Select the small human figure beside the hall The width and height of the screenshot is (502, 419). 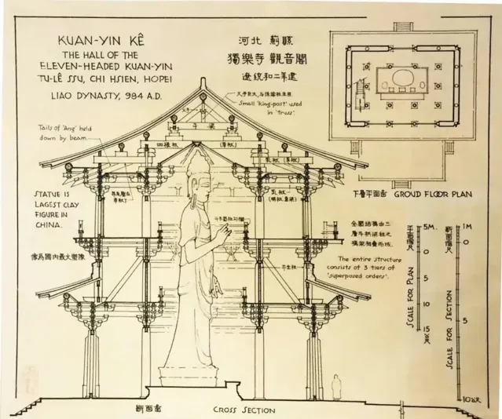[x=336, y=386]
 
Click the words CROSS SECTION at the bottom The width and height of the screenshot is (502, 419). [x=244, y=410]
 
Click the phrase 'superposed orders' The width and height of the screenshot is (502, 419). [x=365, y=277]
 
